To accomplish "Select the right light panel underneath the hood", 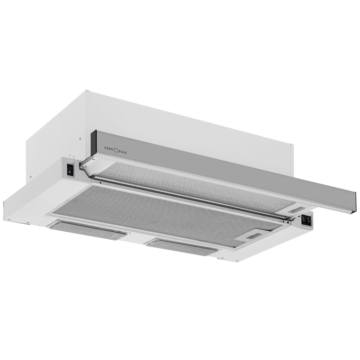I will [x=182, y=246].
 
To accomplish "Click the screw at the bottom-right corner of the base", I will [x=222, y=259].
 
